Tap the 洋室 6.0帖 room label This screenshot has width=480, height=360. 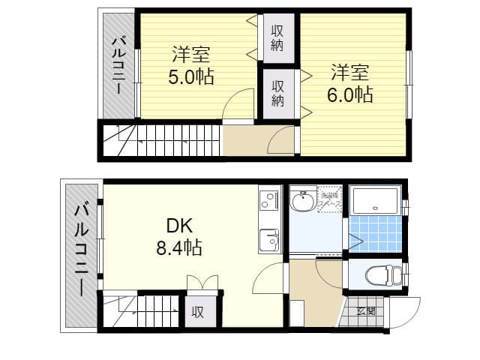(349, 84)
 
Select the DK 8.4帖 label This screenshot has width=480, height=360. (176, 236)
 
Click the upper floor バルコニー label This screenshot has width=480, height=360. (118, 65)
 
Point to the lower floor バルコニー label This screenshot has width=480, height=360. (80, 253)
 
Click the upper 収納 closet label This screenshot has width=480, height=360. (277, 37)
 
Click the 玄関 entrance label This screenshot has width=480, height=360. (365, 311)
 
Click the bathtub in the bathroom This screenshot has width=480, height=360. (377, 201)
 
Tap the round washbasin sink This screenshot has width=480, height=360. (304, 202)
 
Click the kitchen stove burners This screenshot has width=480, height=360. (269, 200)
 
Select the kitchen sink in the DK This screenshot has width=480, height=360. (269, 241)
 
